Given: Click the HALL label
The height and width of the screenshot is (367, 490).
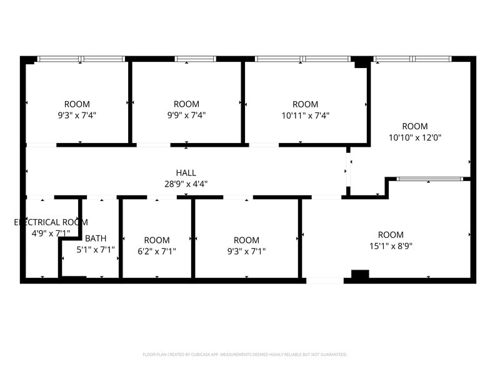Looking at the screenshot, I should pyautogui.click(x=186, y=173).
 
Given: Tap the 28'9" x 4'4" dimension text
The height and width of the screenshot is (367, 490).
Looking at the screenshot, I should pyautogui.click(x=186, y=184).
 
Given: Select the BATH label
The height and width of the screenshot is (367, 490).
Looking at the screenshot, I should pyautogui.click(x=96, y=238).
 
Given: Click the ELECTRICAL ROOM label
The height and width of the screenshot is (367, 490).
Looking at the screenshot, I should pyautogui.click(x=51, y=222).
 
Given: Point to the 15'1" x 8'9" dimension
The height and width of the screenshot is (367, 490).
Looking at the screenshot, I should pyautogui.click(x=391, y=246).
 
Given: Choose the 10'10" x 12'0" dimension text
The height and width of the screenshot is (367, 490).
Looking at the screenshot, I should pyautogui.click(x=414, y=137).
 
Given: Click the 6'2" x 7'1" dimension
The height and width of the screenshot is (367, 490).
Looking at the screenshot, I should pyautogui.click(x=156, y=251).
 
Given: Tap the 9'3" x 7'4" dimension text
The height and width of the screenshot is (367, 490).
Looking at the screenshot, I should pyautogui.click(x=77, y=115).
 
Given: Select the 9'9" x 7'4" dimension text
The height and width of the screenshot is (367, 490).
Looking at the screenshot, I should pyautogui.click(x=186, y=115).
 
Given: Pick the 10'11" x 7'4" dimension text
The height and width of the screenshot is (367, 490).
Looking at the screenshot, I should pyautogui.click(x=305, y=115).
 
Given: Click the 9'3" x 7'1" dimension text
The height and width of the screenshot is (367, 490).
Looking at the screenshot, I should pyautogui.click(x=246, y=251).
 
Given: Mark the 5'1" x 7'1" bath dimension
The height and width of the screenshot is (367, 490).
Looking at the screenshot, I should pyautogui.click(x=96, y=250).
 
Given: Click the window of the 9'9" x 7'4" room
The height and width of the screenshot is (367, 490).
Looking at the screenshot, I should pyautogui.click(x=195, y=59).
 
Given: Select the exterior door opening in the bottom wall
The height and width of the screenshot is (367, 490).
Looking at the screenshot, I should pyautogui.click(x=324, y=281).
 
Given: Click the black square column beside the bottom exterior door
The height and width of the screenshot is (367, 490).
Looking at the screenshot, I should pyautogui.click(x=360, y=274).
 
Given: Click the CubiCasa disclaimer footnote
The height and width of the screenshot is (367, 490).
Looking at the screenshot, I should pyautogui.click(x=244, y=355).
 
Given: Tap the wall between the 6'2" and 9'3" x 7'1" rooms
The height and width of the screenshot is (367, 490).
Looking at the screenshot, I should pyautogui.click(x=193, y=238).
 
